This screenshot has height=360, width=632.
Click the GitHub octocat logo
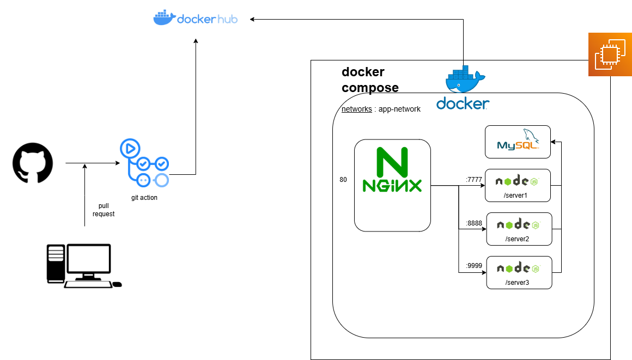[33, 163]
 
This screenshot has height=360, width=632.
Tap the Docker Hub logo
[195, 18]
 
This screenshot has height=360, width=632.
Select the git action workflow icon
[144, 163]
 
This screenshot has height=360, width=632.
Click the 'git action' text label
[144, 198]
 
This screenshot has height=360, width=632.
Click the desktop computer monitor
[88, 261]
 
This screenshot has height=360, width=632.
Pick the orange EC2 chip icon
[609, 54]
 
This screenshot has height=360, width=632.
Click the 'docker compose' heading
[370, 80]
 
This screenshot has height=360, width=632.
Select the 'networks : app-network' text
[381, 109]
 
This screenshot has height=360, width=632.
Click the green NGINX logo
[392, 170]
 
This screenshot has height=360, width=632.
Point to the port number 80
[343, 179]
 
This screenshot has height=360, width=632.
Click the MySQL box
[518, 142]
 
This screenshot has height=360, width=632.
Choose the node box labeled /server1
[518, 185]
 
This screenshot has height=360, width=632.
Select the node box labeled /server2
[519, 229]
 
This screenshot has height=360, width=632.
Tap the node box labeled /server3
[519, 272]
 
